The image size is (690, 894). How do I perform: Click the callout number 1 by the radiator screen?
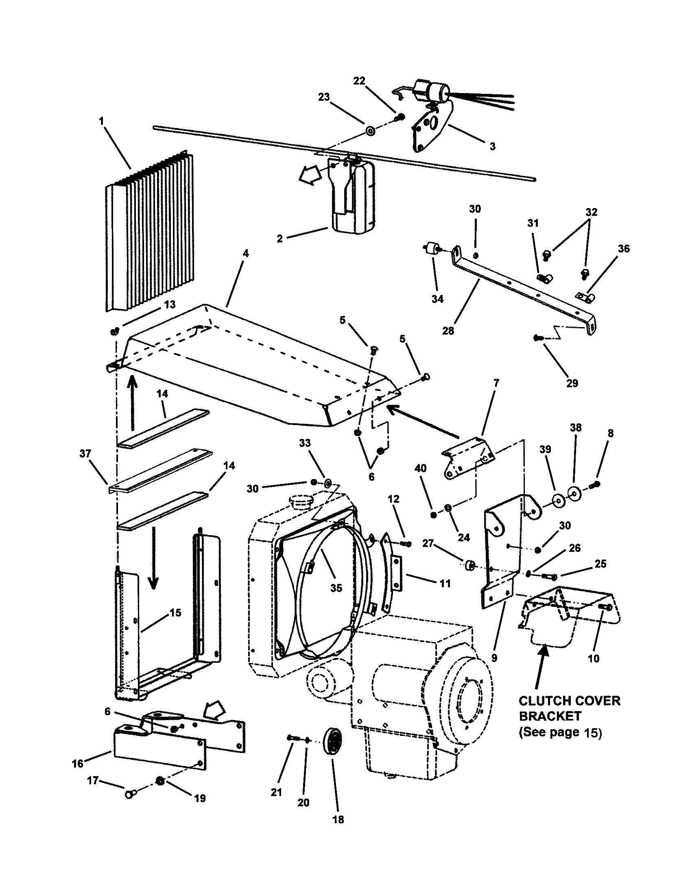pos(101,121)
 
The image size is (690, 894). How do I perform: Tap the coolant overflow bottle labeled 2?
pos(352,197)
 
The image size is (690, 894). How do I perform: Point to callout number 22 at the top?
pos(359,81)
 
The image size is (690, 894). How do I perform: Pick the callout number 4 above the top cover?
pos(245,254)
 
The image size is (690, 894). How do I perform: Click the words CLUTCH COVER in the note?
pos(570,701)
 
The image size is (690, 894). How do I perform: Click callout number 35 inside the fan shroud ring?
pos(336,588)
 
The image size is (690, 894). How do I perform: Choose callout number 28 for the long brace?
pos(448,331)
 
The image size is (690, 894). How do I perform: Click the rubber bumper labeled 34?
pos(430,248)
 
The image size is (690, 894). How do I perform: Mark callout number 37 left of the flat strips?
pos(85,454)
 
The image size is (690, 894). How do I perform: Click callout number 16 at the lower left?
pos(77,764)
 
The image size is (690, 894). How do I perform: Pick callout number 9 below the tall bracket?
pos(494,658)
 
